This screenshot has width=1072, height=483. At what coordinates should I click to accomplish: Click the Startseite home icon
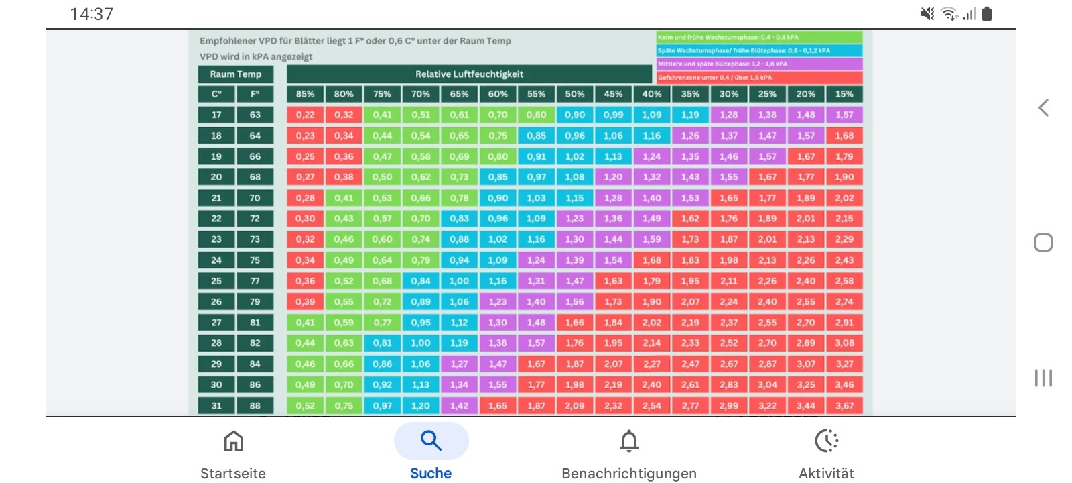233,441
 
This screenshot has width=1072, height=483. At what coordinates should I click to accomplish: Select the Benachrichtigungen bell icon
628,441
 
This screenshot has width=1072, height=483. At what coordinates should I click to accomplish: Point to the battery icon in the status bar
986,14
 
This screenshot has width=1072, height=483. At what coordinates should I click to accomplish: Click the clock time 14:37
92,14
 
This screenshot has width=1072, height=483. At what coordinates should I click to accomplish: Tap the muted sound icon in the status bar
927,14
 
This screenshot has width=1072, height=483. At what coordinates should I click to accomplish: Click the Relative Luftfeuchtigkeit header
469,74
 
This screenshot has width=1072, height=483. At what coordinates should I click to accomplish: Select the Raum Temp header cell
235,74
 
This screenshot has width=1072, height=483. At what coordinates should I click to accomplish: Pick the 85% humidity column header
306,94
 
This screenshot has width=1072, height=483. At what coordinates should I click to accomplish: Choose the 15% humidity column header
844,94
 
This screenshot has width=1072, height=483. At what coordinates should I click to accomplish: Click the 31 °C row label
216,405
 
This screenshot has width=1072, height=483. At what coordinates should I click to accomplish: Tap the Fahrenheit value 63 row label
255,115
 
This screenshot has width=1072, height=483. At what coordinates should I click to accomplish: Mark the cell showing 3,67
844,405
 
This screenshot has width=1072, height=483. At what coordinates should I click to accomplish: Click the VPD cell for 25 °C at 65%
460,281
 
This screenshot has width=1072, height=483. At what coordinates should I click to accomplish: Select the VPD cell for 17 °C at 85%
306,115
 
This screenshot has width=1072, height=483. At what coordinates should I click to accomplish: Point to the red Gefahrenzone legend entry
759,78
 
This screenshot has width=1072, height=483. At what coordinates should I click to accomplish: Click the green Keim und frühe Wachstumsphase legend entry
759,38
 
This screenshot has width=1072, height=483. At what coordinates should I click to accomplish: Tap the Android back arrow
1043,107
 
